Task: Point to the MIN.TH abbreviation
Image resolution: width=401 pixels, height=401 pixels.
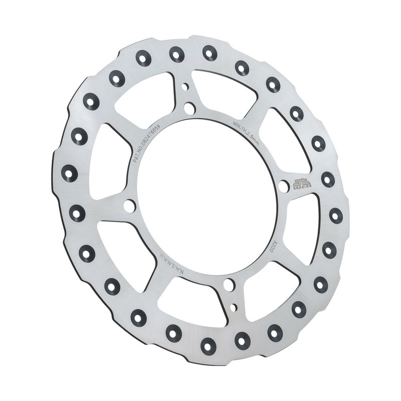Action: (239, 123)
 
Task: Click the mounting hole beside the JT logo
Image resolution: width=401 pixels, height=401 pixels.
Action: (284, 186)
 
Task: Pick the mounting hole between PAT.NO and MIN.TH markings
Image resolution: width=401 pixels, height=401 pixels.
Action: (189, 108)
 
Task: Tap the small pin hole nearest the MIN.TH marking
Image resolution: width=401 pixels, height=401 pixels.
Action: (185, 86)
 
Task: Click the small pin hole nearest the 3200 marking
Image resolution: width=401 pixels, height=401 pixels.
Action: (234, 306)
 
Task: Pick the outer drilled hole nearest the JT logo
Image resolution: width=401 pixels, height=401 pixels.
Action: (328, 179)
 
